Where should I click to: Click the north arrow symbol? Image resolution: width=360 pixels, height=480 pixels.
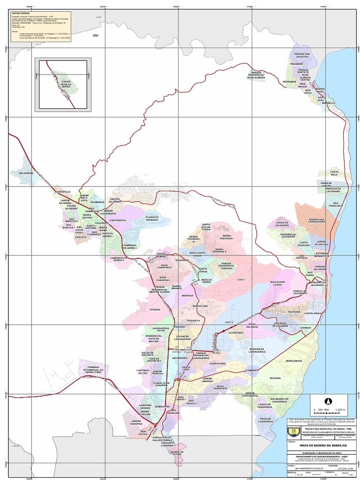click(328, 401)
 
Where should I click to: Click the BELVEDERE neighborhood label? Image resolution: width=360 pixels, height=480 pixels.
click(26, 173)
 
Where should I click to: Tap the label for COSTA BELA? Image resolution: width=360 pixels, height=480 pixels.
click(334, 173)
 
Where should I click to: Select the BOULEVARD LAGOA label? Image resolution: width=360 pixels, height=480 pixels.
click(277, 283)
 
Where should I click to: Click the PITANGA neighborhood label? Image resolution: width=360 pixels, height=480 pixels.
click(155, 310)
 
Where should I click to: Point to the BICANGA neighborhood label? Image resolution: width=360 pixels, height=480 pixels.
click(275, 377)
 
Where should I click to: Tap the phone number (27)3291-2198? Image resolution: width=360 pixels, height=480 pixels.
click(345, 468)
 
